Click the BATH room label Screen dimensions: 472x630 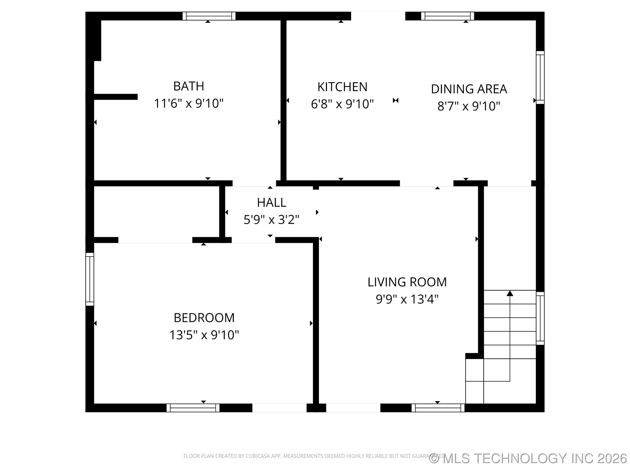click(189, 86)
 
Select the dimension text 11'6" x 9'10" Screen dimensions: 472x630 click(189, 103)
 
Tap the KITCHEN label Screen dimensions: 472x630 click(342, 87)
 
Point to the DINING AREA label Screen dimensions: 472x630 click(469, 89)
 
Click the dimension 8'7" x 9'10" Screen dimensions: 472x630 click(469, 106)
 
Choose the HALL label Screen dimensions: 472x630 click(271, 203)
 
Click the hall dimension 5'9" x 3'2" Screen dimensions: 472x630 click(271, 220)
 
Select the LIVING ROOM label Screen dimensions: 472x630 click(407, 282)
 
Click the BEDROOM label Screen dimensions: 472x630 click(204, 318)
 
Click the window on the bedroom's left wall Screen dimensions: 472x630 click(90, 279)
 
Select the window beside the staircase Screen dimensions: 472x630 click(540, 318)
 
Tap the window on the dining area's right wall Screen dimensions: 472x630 click(540, 77)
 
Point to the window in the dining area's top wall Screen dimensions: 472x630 click(447, 16)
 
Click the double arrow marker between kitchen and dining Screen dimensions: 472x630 click(395, 101)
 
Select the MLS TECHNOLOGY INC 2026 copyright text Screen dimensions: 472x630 click(528, 458)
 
